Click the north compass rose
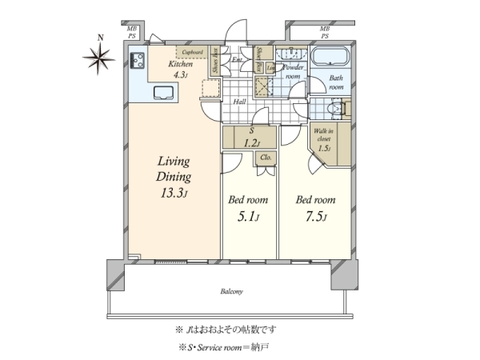coord(100,55)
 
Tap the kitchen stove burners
coord(137,58)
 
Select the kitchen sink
coord(162,91)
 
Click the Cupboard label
coord(192,53)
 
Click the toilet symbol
coord(335,107)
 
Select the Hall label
coord(240,102)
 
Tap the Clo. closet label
coord(265,158)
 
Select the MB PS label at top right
coord(325,33)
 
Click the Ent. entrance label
coord(238,60)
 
